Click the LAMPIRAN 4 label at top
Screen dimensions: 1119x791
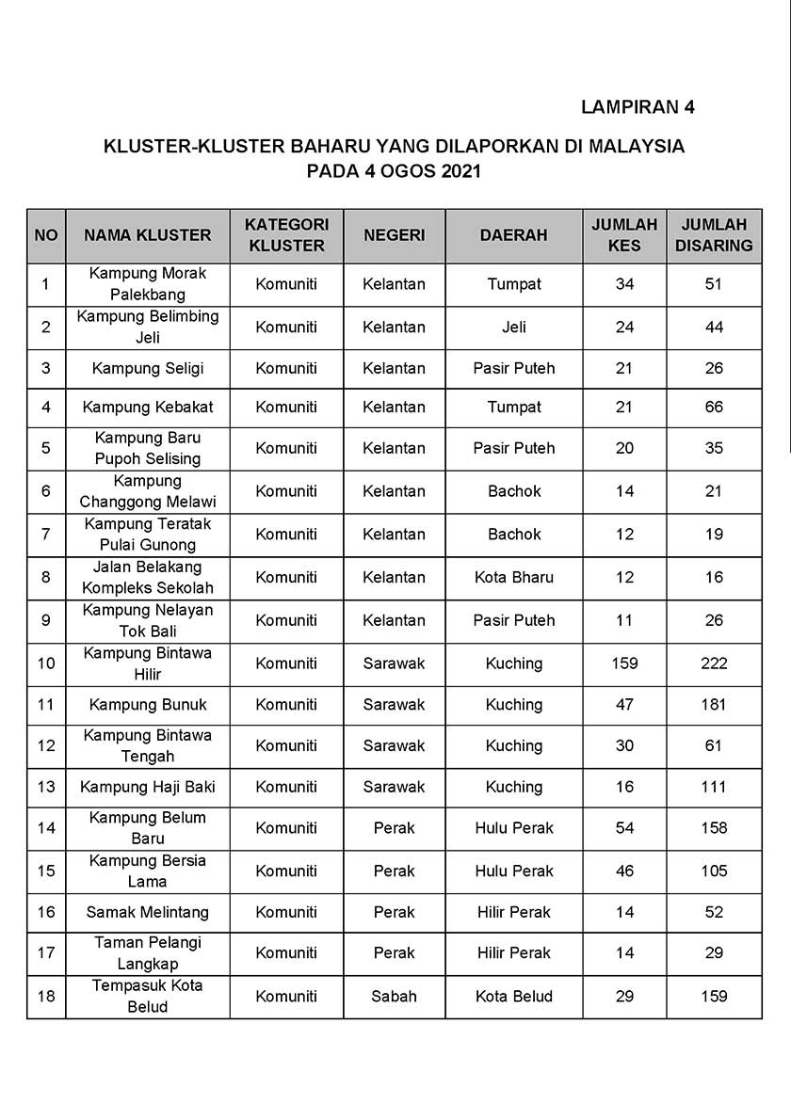638,106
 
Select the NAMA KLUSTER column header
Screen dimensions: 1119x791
148,235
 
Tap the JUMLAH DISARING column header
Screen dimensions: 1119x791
714,235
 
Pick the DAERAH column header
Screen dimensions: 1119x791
513,235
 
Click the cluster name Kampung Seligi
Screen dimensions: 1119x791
148,368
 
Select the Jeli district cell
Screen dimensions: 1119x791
514,327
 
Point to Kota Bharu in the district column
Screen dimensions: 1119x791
514,577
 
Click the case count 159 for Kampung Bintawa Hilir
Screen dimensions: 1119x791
624,663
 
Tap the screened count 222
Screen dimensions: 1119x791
714,663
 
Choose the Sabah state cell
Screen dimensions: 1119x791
394,996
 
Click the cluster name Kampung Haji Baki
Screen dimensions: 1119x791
148,787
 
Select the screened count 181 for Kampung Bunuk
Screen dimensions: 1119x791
714,704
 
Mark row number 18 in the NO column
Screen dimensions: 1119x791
46,996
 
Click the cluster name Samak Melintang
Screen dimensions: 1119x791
148,912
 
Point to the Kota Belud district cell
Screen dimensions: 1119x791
514,996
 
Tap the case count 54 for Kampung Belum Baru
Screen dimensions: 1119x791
624,828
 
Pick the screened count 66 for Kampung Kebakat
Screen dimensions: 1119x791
714,408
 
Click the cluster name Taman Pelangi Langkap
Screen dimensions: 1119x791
148,952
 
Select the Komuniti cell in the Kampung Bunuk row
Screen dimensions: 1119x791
286,704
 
